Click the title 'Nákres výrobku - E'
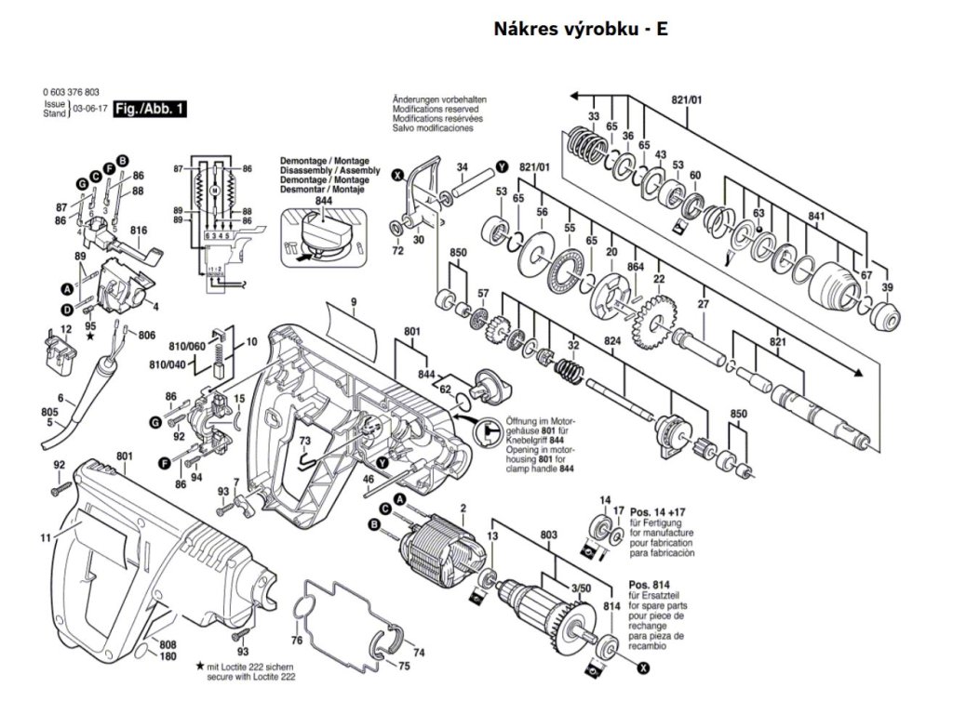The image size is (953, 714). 580,29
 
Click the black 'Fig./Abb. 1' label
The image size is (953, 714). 150,110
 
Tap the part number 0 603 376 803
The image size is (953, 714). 71,93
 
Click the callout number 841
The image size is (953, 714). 816,217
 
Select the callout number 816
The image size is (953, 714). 139,230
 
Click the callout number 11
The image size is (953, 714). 45,537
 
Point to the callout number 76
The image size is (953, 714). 296,641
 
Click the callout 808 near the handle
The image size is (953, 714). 168,644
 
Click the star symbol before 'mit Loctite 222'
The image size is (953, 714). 200,667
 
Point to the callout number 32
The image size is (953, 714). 573,345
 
